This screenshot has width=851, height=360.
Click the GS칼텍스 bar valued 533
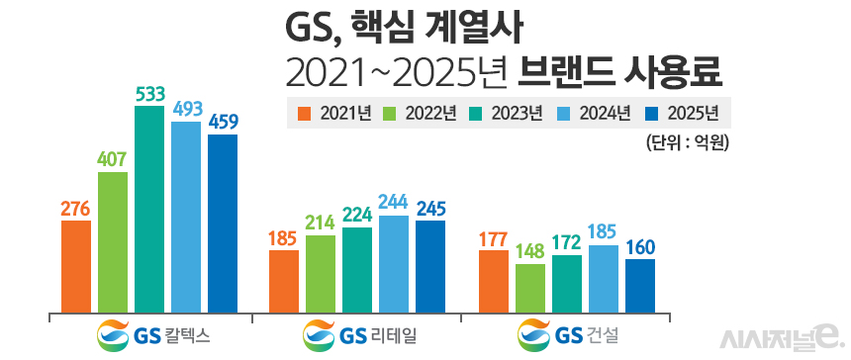(x=149, y=209)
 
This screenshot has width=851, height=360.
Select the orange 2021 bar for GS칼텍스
(x=76, y=265)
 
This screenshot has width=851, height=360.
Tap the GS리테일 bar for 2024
(x=393, y=263)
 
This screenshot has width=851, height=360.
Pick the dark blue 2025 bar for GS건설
(x=640, y=285)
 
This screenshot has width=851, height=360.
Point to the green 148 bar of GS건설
(x=530, y=287)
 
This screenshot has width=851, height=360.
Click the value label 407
(x=113, y=157)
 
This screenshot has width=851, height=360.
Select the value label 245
(x=430, y=208)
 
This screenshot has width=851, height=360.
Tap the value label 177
(x=494, y=237)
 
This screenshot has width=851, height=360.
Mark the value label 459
(x=223, y=122)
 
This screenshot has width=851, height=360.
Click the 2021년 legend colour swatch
(x=304, y=113)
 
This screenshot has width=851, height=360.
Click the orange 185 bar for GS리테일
(x=284, y=280)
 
